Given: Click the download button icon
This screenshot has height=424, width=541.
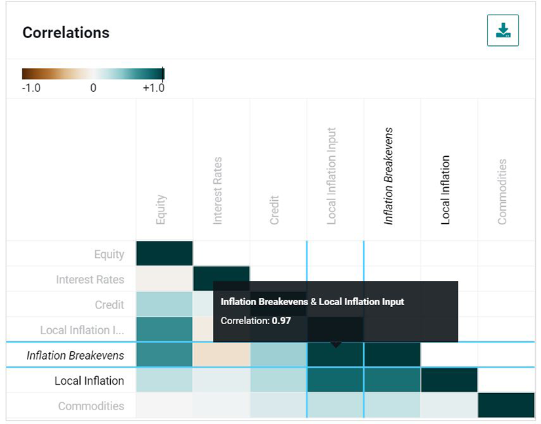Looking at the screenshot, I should [x=503, y=31].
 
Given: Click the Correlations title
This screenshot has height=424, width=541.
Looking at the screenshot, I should [x=66, y=33].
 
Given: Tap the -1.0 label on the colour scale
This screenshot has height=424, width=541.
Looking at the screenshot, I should [x=31, y=88].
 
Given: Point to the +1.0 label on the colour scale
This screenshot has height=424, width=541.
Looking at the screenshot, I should [x=153, y=88].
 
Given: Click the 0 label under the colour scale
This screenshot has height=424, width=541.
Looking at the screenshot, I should [x=93, y=88].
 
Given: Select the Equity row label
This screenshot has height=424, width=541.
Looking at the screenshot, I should [x=109, y=254].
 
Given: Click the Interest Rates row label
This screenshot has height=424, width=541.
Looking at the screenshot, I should [x=90, y=280].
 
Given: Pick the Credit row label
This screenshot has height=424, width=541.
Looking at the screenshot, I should [x=109, y=305].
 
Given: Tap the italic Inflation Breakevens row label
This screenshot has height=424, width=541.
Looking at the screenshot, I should [x=75, y=355].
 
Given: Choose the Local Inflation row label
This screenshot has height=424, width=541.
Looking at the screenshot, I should [x=89, y=381].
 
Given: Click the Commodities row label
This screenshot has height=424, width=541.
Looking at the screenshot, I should [x=90, y=406].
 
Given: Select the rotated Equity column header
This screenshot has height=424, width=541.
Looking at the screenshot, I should [x=161, y=210].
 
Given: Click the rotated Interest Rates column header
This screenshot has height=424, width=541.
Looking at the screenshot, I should [x=218, y=190].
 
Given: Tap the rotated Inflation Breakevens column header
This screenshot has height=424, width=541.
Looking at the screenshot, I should [x=389, y=176].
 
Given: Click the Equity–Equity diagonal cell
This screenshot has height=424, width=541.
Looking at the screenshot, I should [x=164, y=253].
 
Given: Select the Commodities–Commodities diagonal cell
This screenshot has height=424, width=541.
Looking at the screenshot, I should [x=506, y=406].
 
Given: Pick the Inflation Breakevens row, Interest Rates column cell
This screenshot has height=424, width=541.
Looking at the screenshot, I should [x=221, y=355].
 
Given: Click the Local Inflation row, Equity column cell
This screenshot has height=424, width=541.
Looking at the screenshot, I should [x=164, y=381].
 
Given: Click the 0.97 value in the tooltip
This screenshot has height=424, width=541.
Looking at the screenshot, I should [x=281, y=321].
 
